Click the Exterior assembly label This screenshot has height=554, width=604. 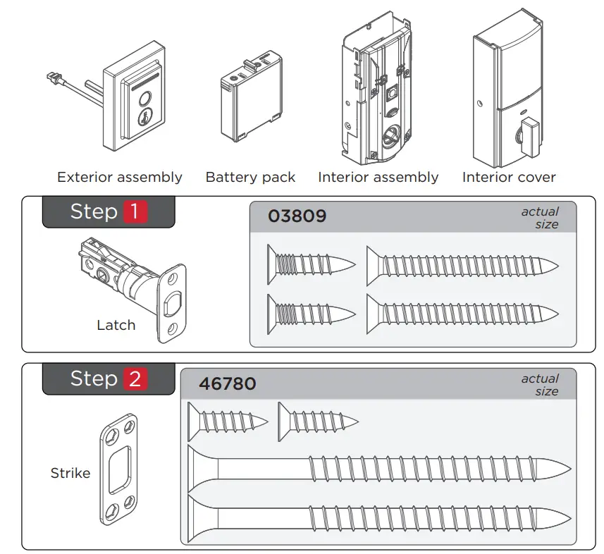pos(119,178)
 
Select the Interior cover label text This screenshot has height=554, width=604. pos(509,178)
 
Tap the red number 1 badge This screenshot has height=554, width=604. pos(135,211)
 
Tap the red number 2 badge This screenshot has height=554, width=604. pos(135,379)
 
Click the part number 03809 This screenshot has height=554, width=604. pos(297,216)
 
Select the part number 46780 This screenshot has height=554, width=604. pos(227,384)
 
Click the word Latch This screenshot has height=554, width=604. pos(116,325)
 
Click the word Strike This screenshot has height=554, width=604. pos(70,473)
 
